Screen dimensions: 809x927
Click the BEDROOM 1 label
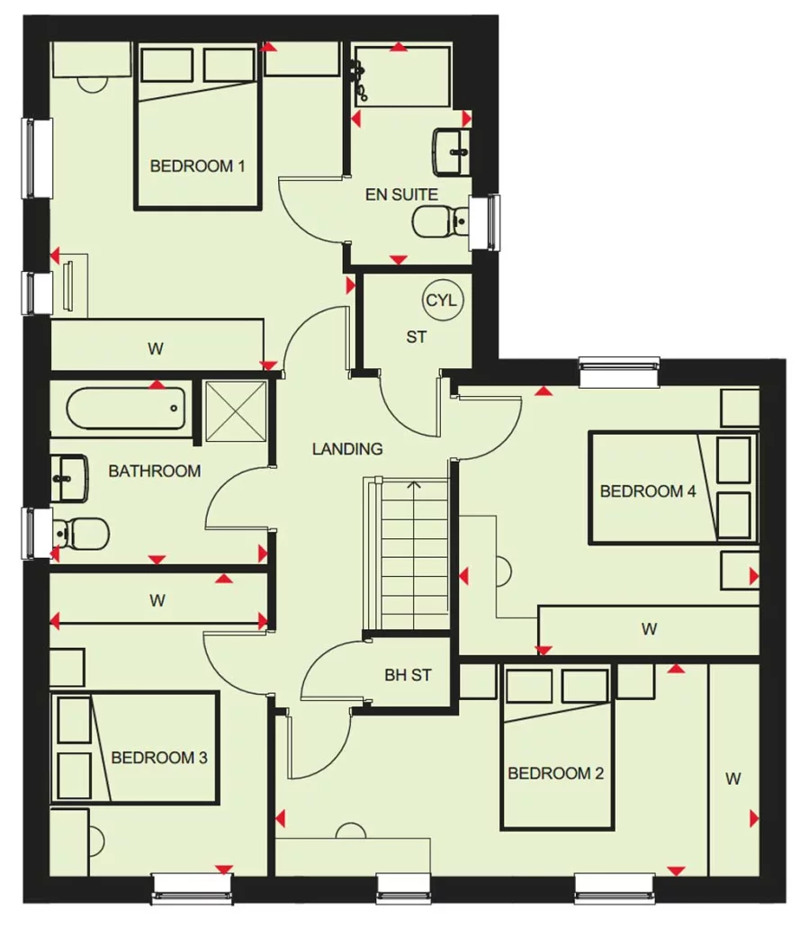197,166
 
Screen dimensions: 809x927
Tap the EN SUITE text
402,194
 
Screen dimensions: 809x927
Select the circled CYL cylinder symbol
442,301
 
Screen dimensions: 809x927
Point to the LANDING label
347,449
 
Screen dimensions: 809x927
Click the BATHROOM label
155,472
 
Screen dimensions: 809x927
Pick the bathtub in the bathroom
126,408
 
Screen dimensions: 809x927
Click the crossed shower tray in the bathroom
236,411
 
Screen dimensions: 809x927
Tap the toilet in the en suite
441,221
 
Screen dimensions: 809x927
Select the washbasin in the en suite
452,152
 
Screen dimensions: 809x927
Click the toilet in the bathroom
80,534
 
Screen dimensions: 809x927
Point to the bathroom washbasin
69,478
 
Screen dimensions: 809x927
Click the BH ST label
408,675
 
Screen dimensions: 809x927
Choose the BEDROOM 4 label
648,491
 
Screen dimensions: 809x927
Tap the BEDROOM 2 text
555,773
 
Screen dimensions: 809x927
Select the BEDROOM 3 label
159,758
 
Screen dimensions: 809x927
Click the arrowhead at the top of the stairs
414,485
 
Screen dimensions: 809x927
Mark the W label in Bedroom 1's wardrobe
156,349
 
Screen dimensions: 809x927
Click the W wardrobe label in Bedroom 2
733,779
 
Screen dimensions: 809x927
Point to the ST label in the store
416,337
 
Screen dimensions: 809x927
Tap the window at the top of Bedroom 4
619,372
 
